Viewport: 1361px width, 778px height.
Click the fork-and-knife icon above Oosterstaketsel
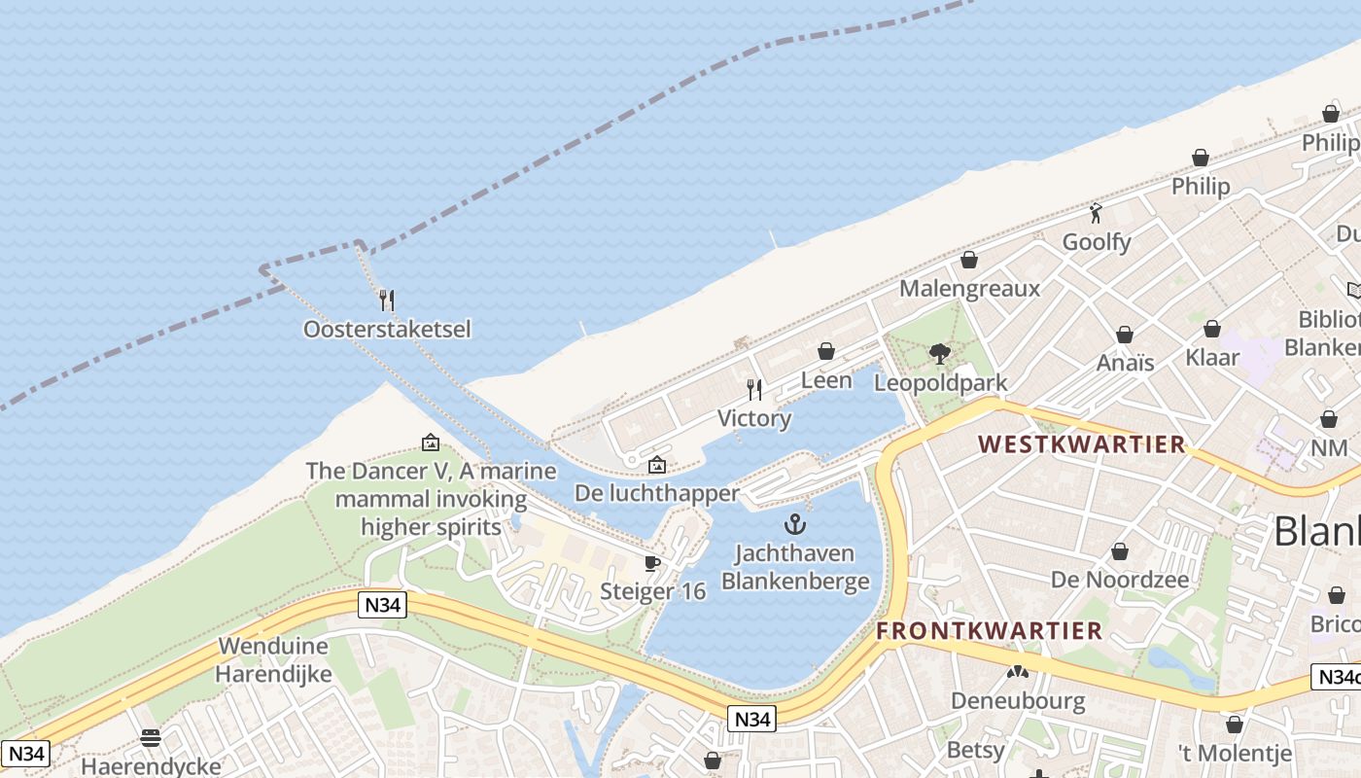point(387,300)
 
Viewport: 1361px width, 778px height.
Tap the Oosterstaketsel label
point(387,330)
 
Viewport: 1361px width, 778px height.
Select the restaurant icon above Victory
point(754,390)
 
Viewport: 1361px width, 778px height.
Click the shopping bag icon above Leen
point(826,351)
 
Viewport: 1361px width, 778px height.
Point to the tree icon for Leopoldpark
point(939,354)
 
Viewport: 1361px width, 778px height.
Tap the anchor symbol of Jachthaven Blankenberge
point(795,525)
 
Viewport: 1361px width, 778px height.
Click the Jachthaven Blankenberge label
point(795,568)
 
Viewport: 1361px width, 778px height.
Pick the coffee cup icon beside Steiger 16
point(652,563)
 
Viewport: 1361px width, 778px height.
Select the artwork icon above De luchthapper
point(657,465)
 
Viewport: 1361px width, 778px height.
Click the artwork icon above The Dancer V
point(431,442)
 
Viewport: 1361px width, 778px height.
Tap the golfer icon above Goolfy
point(1097,213)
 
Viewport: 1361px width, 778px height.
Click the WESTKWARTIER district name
point(1082,445)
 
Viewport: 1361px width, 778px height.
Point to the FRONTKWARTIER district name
point(990,630)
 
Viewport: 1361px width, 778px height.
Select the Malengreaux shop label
point(969,289)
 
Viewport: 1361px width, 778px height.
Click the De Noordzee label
point(1120,580)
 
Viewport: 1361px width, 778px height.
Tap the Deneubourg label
point(1017,701)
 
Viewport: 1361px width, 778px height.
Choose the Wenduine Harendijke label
point(274,659)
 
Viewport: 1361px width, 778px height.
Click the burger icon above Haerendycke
point(151,738)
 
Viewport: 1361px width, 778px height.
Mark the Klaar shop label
point(1212,358)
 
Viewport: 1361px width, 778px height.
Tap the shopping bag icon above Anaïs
point(1125,335)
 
